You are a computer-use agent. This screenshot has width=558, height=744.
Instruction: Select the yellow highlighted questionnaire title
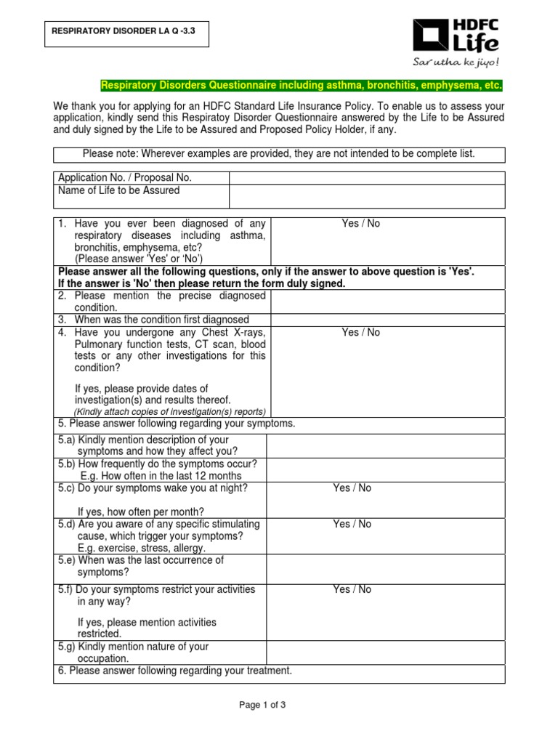(x=301, y=86)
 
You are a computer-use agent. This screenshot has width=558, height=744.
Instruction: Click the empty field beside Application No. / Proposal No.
(x=367, y=178)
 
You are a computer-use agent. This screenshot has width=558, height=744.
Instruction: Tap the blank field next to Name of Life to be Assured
(x=367, y=196)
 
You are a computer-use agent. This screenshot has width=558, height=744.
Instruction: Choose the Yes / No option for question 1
(x=360, y=224)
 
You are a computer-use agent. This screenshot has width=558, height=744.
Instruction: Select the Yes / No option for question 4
(x=360, y=333)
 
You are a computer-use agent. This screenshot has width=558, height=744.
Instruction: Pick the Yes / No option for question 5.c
(x=352, y=488)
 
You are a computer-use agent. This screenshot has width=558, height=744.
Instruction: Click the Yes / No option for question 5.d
(x=352, y=524)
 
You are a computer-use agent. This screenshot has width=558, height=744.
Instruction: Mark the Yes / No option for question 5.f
(x=352, y=589)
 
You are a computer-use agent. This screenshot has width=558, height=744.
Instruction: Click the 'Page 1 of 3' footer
(x=279, y=704)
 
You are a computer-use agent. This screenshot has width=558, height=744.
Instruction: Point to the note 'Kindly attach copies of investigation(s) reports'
(x=169, y=411)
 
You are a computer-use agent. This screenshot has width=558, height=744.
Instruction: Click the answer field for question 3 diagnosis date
(x=388, y=320)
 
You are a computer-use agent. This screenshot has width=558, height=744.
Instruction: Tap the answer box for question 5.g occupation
(x=385, y=652)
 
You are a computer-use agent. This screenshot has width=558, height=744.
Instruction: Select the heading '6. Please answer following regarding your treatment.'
(x=175, y=671)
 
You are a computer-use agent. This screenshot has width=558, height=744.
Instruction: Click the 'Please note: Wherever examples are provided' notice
(x=279, y=154)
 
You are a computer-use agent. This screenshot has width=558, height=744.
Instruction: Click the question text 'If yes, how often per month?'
(x=141, y=511)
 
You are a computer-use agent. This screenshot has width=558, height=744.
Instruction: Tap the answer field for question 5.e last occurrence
(x=385, y=567)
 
